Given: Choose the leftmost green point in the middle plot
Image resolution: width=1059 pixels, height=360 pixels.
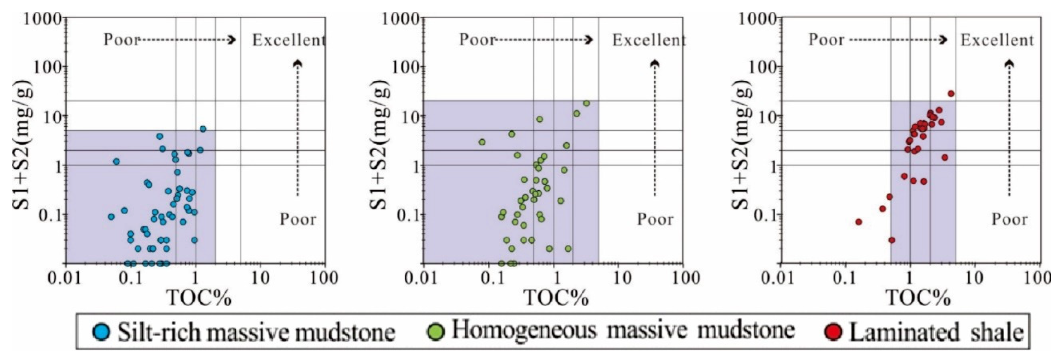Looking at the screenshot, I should click(482, 142).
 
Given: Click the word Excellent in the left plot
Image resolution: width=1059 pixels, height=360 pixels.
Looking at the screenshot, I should click(288, 40).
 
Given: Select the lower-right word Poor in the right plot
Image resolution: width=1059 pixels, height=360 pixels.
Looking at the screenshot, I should click(1009, 219).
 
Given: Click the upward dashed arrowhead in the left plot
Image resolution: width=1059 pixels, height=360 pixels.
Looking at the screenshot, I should click(298, 63).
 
